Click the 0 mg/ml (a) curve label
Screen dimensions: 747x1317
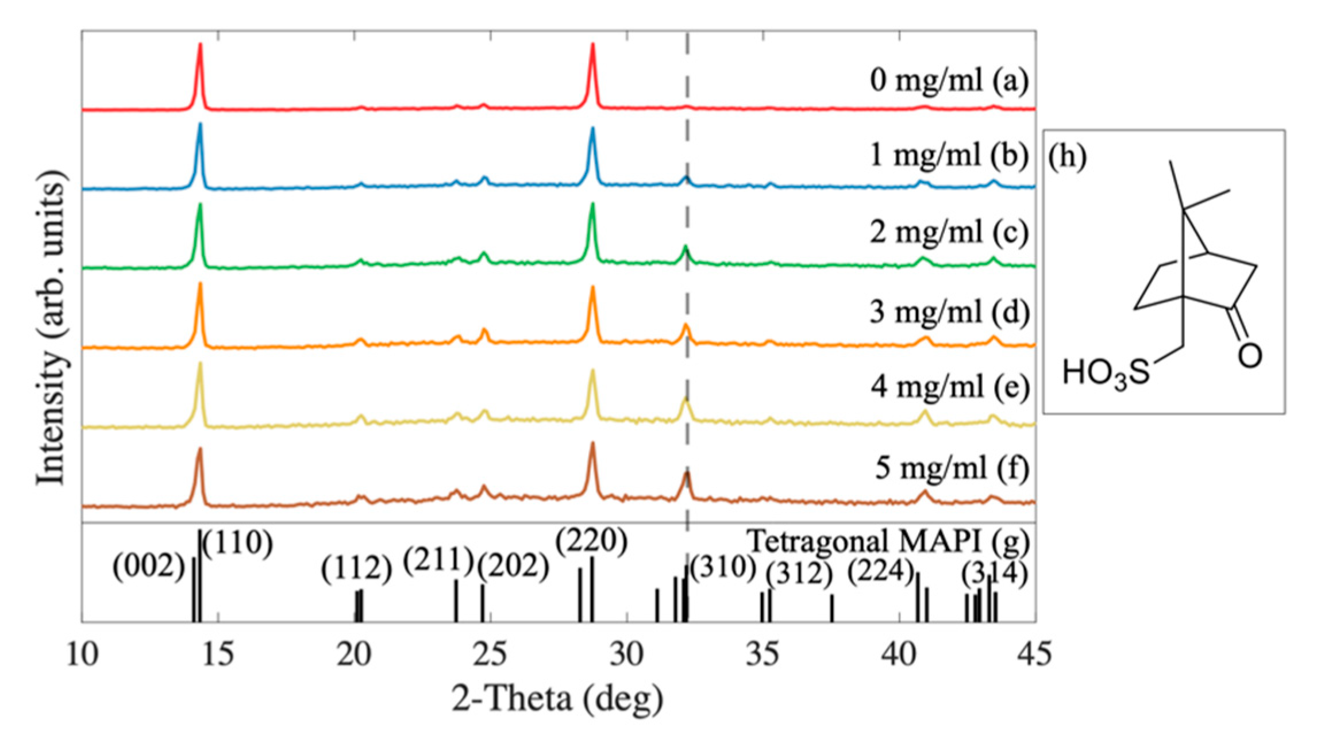tap(949, 80)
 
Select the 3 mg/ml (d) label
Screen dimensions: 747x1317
tap(949, 312)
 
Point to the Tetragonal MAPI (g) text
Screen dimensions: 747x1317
tap(888, 541)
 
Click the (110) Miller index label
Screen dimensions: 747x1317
tap(237, 542)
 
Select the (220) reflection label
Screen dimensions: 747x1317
tap(591, 541)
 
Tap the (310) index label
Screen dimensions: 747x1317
tap(723, 568)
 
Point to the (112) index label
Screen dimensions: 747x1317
tap(356, 569)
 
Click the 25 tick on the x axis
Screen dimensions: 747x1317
tap(490, 654)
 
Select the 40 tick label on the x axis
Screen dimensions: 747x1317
tap(898, 654)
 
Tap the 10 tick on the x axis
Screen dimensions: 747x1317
tap(82, 654)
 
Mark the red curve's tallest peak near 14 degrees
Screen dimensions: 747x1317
tap(200, 45)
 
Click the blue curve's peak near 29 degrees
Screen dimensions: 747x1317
tap(592, 129)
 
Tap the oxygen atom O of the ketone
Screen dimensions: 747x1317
tap(1250, 356)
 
